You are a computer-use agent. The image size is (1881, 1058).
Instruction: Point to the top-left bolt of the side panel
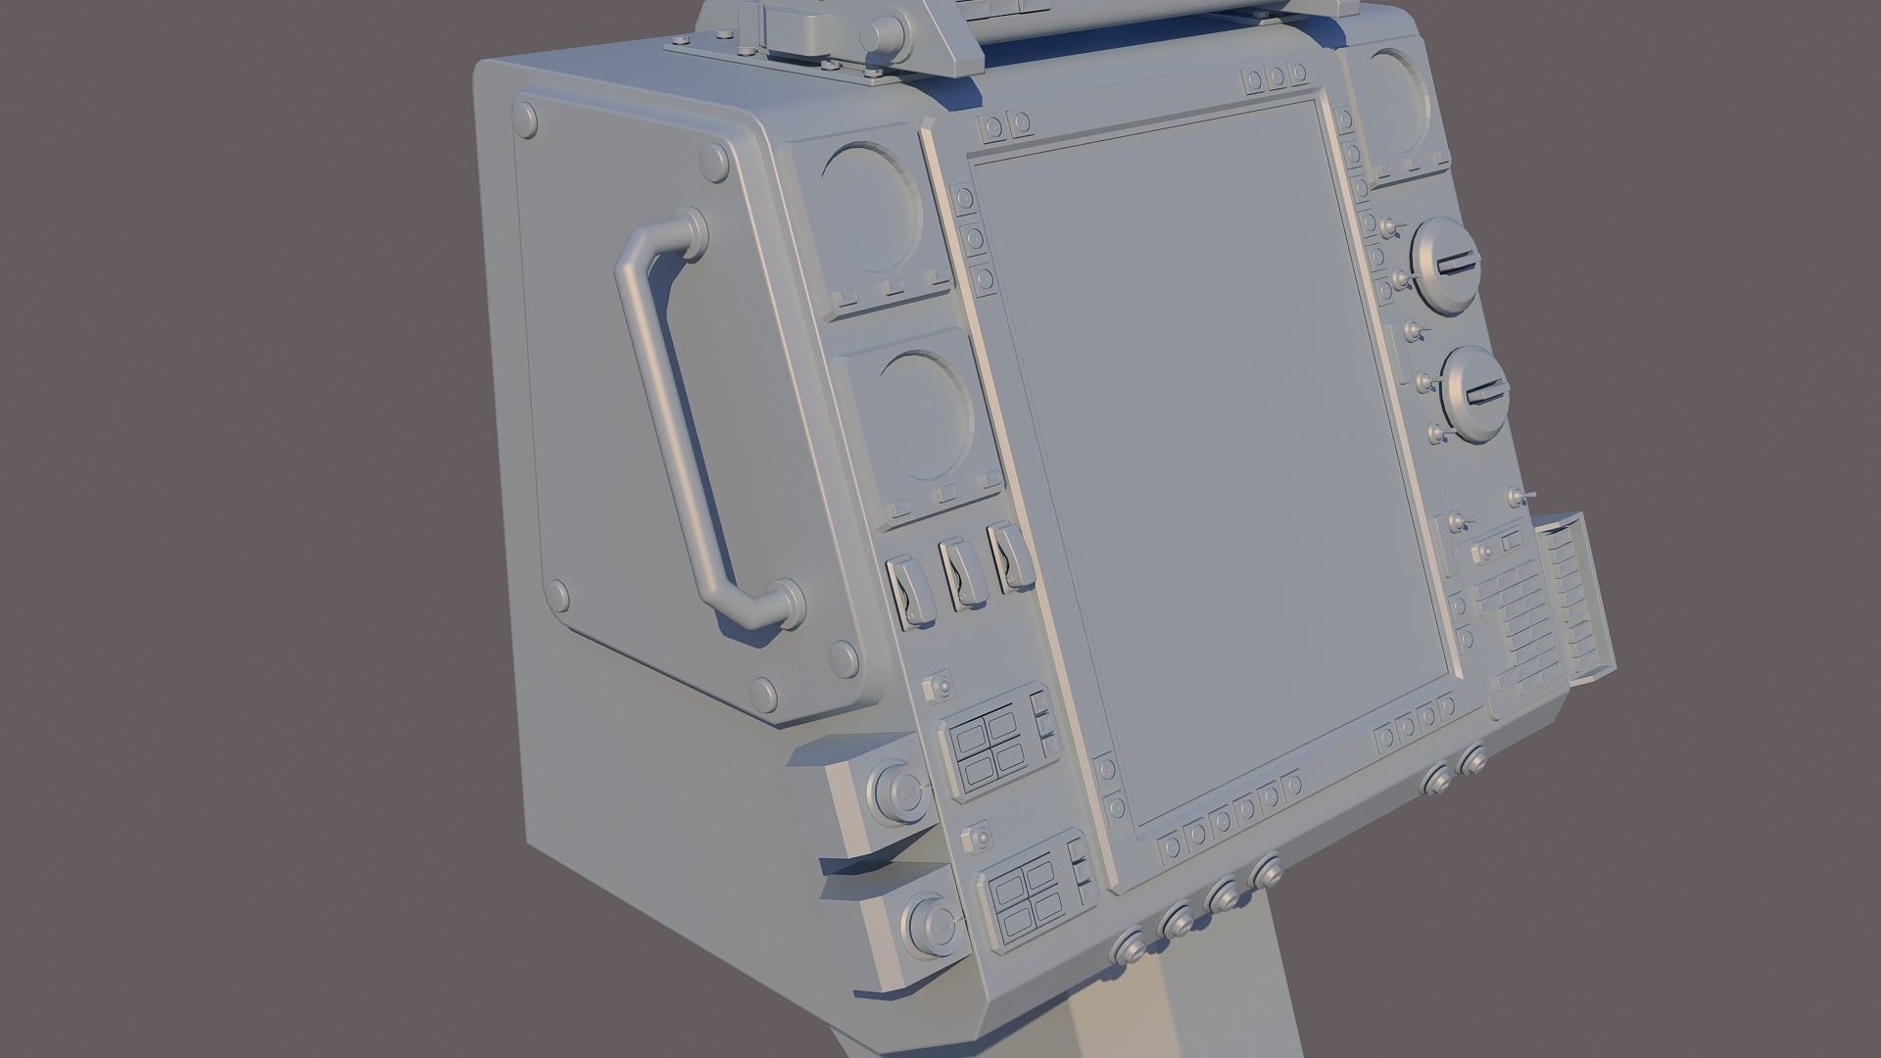point(526,119)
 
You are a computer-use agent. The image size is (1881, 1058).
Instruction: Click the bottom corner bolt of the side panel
point(762,695)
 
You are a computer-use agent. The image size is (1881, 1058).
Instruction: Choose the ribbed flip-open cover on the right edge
point(1577,598)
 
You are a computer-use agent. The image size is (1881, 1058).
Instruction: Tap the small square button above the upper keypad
point(940,686)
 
